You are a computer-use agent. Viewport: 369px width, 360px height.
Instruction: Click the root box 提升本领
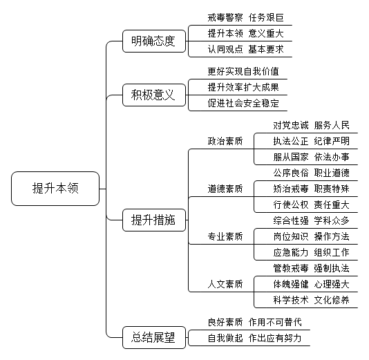pyautogui.click(x=55, y=189)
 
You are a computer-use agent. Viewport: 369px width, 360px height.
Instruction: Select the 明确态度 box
pyautogui.click(x=154, y=41)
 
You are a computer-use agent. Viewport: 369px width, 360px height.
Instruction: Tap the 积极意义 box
pyautogui.click(x=154, y=95)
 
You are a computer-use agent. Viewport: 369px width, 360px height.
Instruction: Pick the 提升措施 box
pyautogui.click(x=154, y=220)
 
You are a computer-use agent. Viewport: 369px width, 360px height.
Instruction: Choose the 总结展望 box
pyautogui.click(x=154, y=337)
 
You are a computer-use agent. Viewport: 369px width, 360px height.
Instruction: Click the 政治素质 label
pyautogui.click(x=225, y=141)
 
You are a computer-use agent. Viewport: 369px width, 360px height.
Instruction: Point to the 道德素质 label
pyautogui.click(x=225, y=189)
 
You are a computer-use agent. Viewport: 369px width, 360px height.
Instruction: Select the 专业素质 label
pyautogui.click(x=225, y=236)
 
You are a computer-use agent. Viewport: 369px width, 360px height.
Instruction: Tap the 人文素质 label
pyautogui.click(x=225, y=284)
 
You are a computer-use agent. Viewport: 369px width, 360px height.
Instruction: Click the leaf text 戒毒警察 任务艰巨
pyautogui.click(x=246, y=18)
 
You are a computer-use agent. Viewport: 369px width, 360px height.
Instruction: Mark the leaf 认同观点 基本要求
pyautogui.click(x=246, y=50)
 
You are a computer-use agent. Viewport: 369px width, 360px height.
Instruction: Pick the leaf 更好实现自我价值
pyautogui.click(x=243, y=71)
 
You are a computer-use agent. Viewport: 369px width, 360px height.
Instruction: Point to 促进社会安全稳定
pyautogui.click(x=243, y=103)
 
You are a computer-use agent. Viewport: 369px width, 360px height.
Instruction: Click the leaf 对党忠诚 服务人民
pyautogui.click(x=312, y=125)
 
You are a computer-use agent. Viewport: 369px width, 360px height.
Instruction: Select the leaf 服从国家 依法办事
pyautogui.click(x=312, y=157)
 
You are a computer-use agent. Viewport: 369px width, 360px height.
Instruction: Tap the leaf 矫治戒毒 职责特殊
pyautogui.click(x=312, y=189)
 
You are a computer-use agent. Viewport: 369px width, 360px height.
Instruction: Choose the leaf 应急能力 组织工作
pyautogui.click(x=312, y=252)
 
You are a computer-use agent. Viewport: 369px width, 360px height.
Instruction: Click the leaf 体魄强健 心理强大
pyautogui.click(x=312, y=284)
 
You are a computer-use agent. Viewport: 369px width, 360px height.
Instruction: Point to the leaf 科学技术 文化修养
pyautogui.click(x=312, y=300)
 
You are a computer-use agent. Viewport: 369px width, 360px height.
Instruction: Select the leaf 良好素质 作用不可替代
pyautogui.click(x=254, y=323)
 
